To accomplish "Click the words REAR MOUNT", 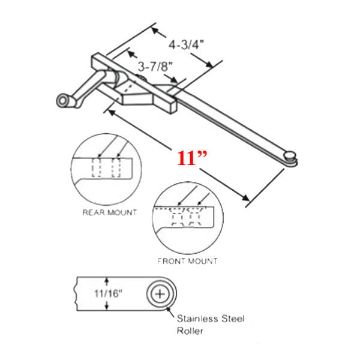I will coord(109,212).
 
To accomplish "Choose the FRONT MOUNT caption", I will coord(187,261).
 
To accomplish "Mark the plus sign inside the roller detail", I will coord(160,294).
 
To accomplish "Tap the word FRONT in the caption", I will coord(170,261).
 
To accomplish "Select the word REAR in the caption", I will coord(92,212).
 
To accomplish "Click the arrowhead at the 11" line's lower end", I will coord(245,198).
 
